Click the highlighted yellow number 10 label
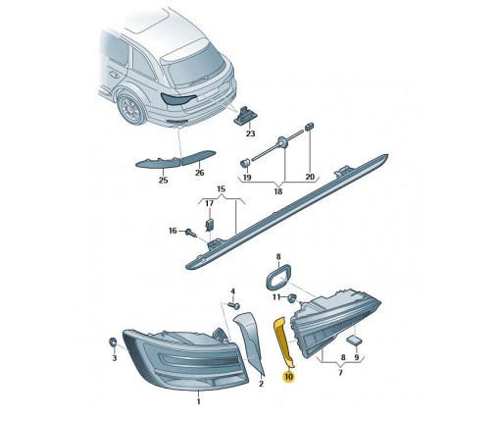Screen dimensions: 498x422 pos(289,377)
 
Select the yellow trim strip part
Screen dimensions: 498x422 pos(283,341)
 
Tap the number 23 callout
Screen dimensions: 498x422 pos(250,133)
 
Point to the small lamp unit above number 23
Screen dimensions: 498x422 pos(243,116)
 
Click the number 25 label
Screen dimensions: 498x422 pos(163,180)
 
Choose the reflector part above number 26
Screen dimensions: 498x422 pos(198,157)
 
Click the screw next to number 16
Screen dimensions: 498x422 pos(190,233)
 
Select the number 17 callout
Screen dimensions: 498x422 pos(210,203)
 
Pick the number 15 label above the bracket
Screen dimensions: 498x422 pos(222,188)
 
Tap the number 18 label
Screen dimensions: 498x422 pos(278,191)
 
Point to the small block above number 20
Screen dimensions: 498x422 pos(310,127)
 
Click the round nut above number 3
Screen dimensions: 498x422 pos(114,343)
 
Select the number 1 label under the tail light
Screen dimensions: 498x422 pos(198,400)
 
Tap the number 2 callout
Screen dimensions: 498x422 pos(261,384)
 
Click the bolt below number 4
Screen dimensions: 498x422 pos(234,305)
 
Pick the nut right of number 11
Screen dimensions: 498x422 pos(291,297)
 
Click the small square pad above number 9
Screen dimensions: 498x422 pos(354,340)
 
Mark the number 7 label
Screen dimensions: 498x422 pos(340,372)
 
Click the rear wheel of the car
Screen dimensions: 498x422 pos(131,109)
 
